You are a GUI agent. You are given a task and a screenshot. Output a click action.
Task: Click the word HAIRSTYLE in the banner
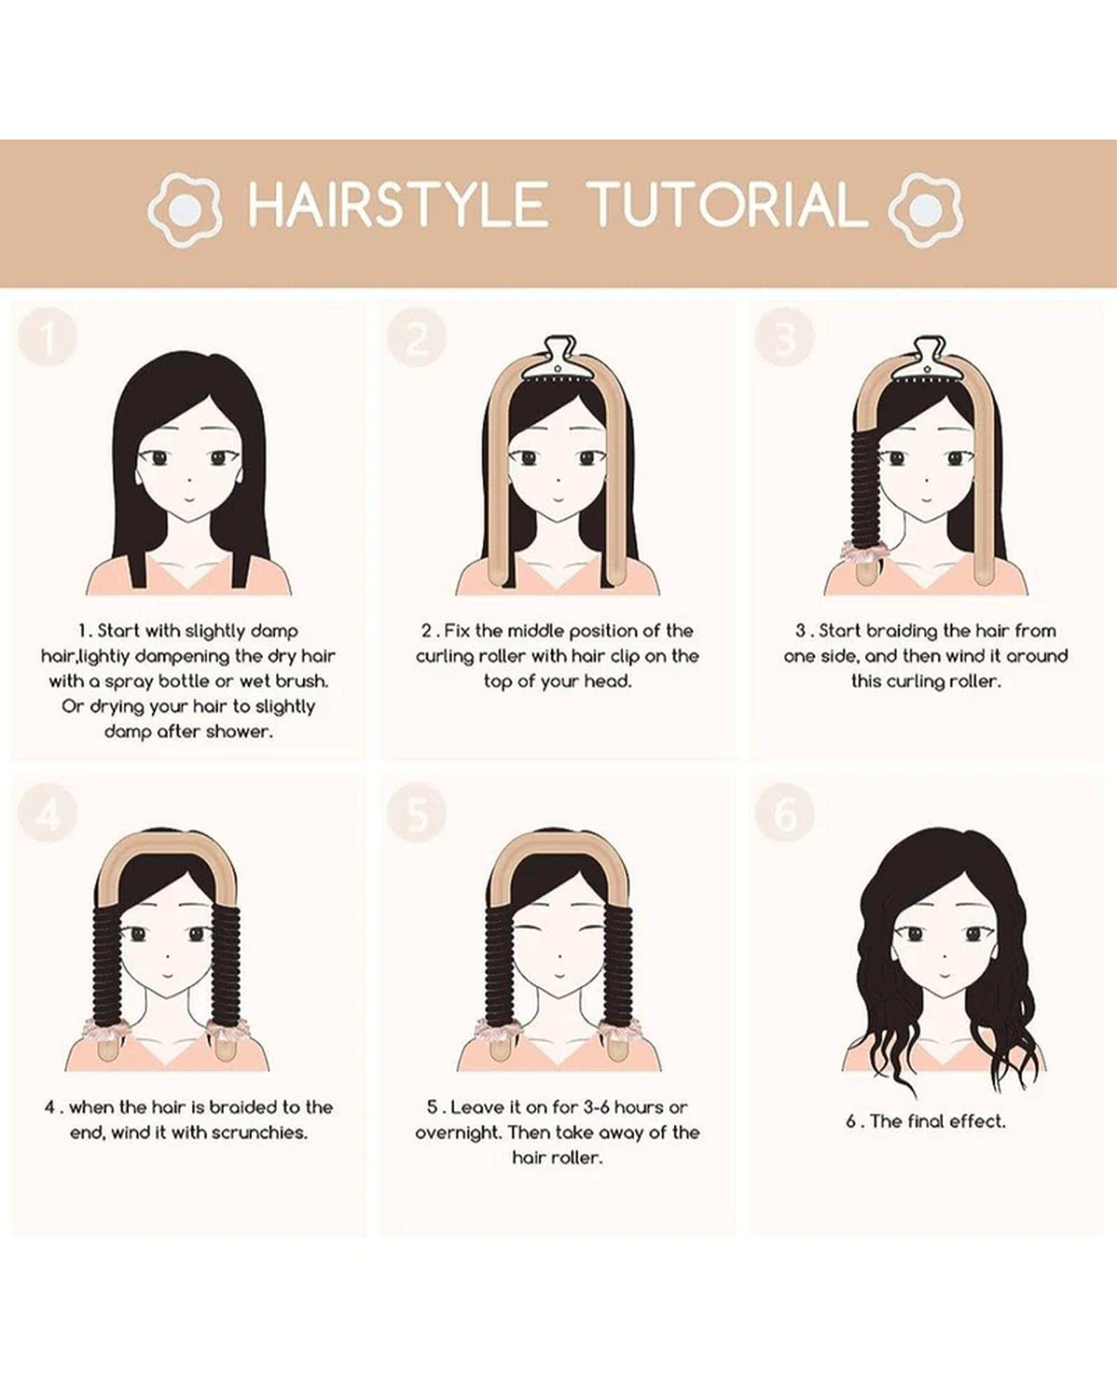pyautogui.click(x=397, y=205)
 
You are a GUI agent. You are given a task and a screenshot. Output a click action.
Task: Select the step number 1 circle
pyautogui.click(x=48, y=338)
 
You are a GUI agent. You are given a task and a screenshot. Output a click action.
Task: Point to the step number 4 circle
pyautogui.click(x=48, y=814)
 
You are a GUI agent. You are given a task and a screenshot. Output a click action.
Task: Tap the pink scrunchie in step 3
pyautogui.click(x=859, y=549)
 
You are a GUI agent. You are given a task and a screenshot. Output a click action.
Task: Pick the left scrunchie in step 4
pyautogui.click(x=103, y=1028)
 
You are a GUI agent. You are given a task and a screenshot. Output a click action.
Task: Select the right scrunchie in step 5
pyautogui.click(x=617, y=1028)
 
